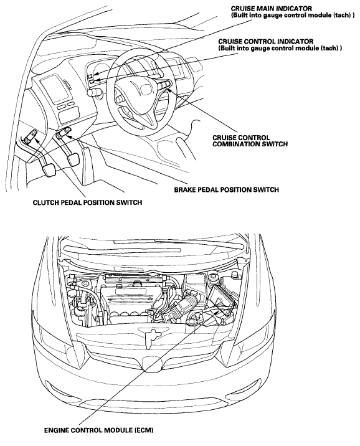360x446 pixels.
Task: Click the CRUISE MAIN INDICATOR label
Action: pos(272,9)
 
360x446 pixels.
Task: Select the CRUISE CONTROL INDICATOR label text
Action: pos(265,42)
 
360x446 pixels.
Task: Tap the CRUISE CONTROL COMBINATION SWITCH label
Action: pos(250,141)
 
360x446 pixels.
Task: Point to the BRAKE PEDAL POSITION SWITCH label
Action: pos(226,189)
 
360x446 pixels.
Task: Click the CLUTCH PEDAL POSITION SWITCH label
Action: pos(87,202)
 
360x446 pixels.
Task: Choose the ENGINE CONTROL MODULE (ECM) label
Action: pos(98,430)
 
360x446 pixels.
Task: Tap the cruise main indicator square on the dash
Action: pos(90,76)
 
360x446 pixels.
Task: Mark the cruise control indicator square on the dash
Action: pos(92,82)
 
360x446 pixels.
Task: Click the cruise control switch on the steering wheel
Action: pos(164,85)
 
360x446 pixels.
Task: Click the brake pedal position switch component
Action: pos(63,133)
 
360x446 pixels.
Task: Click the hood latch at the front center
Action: pos(150,338)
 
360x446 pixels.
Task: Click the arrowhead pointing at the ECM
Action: pos(217,312)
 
